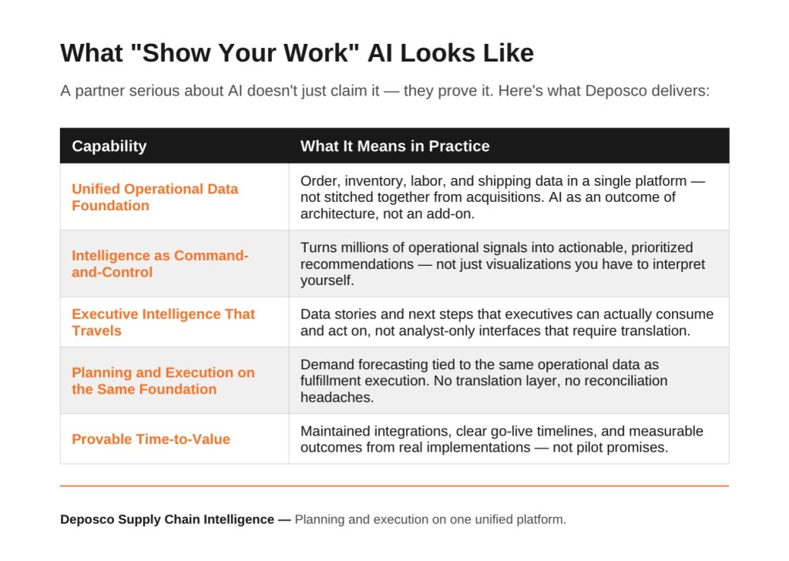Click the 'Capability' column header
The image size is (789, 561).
pos(109,146)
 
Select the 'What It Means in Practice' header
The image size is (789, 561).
pos(394,146)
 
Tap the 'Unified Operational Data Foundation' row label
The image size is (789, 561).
pos(155,197)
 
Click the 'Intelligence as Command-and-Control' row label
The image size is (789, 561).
pos(160,264)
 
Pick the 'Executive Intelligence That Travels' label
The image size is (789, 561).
pos(163,322)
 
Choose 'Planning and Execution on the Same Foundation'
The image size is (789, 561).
pos(163,381)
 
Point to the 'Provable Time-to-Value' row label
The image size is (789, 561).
pos(151,439)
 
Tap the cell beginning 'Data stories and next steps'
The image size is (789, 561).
pos(507,322)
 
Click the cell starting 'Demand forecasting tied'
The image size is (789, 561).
pos(484,381)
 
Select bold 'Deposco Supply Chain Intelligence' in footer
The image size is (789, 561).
pos(167,519)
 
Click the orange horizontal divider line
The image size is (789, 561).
pos(394,485)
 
